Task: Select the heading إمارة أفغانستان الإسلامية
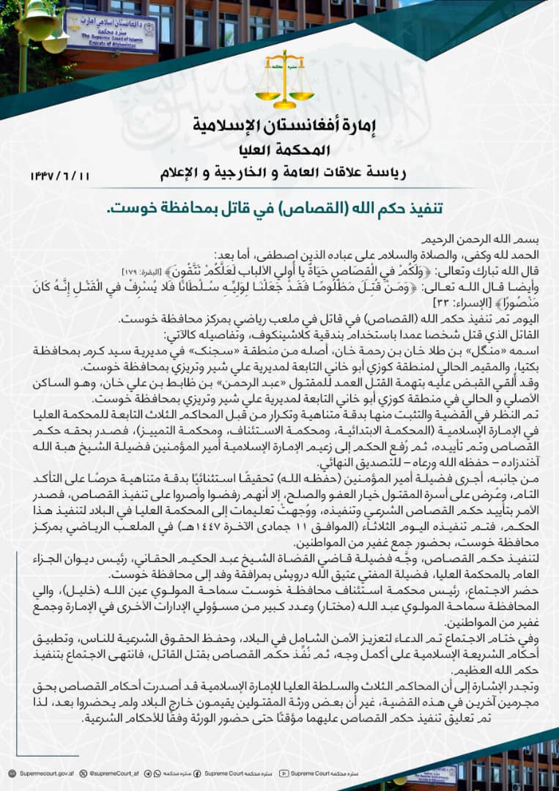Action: click(x=279, y=126)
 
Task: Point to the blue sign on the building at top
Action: click(x=111, y=30)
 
